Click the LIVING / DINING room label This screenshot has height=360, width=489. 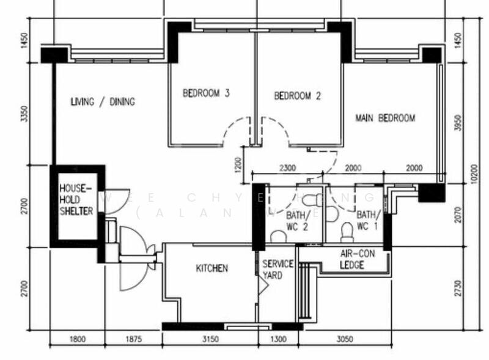[103, 101]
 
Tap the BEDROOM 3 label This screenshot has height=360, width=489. [206, 94]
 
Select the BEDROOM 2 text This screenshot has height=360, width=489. [297, 96]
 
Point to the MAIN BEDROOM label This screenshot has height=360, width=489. [385, 118]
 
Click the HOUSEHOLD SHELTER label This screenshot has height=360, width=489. [76, 199]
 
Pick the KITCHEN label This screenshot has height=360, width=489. [211, 268]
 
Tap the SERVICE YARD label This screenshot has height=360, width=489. [278, 270]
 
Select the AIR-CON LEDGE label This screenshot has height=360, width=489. [352, 259]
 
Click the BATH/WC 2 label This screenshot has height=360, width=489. [298, 221]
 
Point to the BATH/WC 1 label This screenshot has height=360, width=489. [369, 221]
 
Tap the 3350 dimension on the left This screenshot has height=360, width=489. [24, 114]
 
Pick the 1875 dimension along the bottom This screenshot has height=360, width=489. [133, 339]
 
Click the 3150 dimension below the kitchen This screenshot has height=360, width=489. [210, 339]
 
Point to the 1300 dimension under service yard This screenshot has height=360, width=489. [278, 339]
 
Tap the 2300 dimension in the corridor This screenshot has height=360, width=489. [287, 168]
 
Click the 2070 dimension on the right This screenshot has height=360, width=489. [459, 214]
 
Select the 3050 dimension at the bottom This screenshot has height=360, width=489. [345, 339]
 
